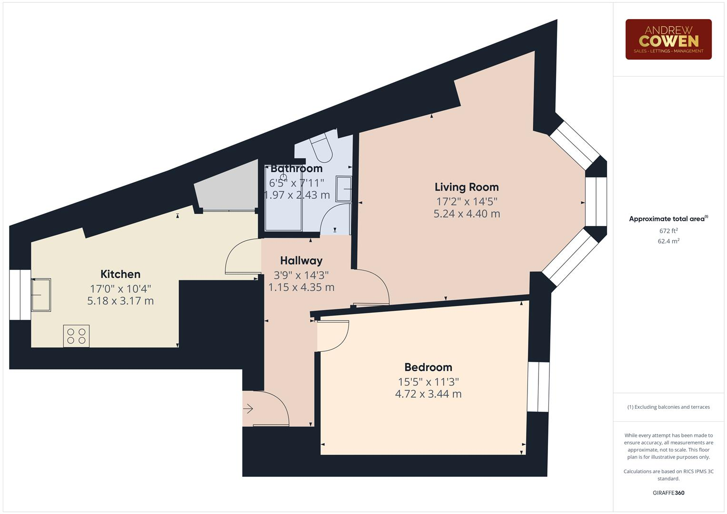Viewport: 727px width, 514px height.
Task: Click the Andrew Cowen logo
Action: tap(668, 40)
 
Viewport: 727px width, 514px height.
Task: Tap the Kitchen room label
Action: tap(120, 274)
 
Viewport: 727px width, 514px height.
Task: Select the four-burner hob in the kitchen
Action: tap(76, 336)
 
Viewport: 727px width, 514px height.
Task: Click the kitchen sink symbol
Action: tap(41, 295)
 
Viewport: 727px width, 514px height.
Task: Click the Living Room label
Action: tap(467, 187)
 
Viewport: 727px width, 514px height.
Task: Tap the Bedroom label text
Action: tap(428, 367)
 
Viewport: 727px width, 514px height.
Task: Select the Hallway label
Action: tap(301, 261)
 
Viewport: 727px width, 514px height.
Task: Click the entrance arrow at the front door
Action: tap(248, 408)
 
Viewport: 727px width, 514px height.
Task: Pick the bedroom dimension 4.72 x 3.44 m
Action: tap(428, 394)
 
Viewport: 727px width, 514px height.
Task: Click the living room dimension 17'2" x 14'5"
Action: tap(467, 201)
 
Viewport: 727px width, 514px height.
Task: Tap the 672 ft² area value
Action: tap(668, 231)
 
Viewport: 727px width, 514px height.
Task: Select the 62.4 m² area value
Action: tap(668, 241)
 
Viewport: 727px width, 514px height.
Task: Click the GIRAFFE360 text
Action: tap(668, 493)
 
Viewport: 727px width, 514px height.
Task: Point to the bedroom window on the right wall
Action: tap(538, 386)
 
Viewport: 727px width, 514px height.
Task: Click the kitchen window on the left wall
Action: tap(20, 295)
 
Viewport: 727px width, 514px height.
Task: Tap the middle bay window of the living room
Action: tap(596, 201)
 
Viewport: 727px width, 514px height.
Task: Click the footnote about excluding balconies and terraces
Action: tap(668, 407)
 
